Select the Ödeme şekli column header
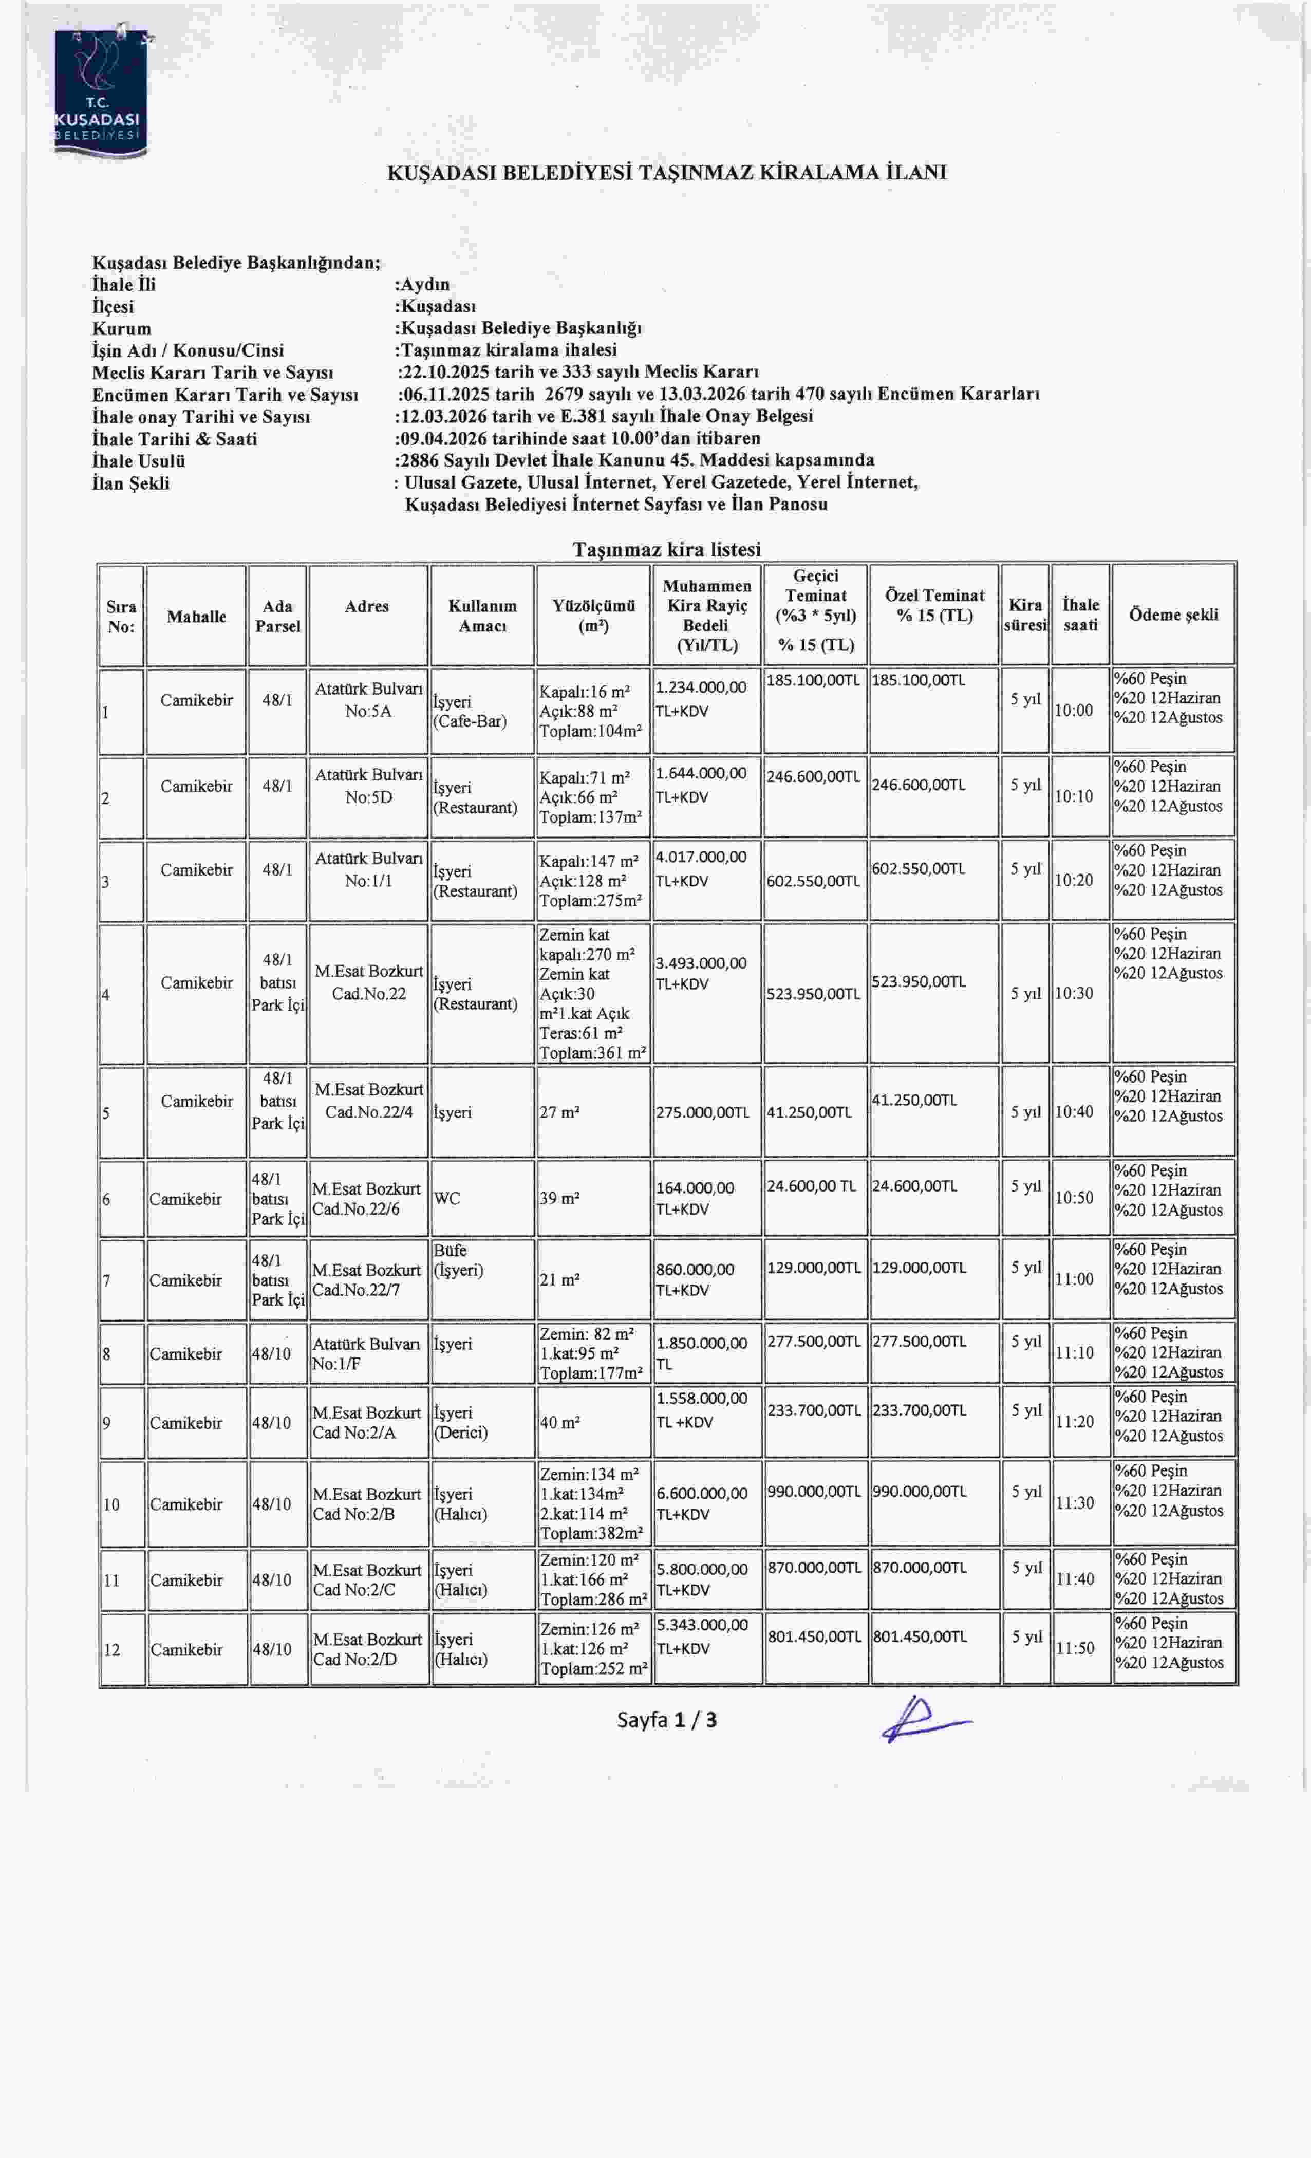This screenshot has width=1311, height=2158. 1173,615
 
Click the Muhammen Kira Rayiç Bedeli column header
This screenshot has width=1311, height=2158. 706,615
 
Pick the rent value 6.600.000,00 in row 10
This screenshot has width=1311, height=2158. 701,1493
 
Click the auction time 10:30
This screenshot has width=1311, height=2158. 1074,993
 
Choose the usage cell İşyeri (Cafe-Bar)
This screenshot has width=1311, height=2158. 470,711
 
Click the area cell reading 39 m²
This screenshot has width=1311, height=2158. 560,1198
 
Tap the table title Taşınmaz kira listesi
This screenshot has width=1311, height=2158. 666,549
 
